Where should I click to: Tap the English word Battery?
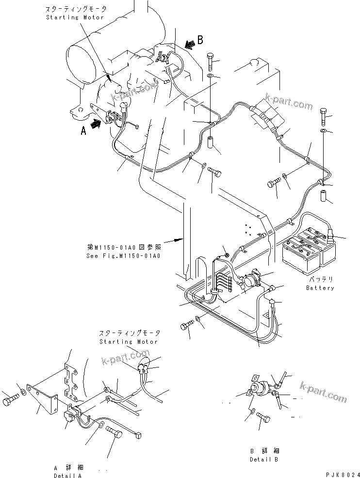pos(320,287)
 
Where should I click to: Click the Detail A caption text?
pos(68,476)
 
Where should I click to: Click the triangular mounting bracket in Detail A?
pos(42,398)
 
